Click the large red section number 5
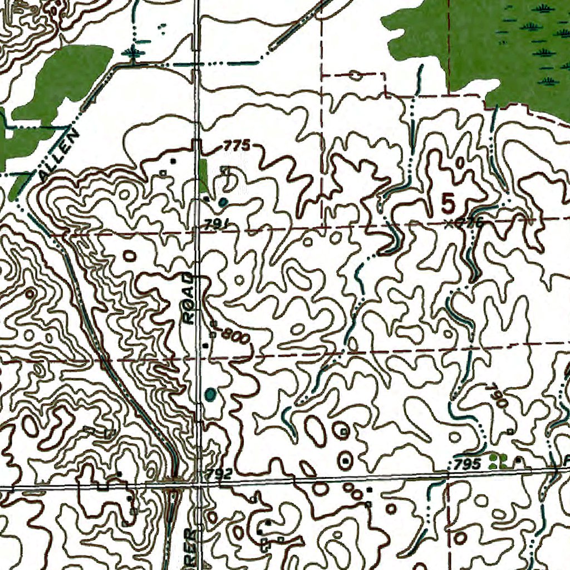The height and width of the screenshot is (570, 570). (x=448, y=204)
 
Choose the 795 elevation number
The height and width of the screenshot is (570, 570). (x=466, y=464)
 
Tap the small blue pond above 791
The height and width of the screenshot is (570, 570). (x=223, y=202)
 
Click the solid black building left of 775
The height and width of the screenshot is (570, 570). (x=173, y=161)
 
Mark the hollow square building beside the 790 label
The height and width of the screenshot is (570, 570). (x=510, y=431)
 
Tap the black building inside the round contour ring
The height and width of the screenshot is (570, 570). (x=346, y=460)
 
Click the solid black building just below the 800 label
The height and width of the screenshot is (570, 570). (x=205, y=346)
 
